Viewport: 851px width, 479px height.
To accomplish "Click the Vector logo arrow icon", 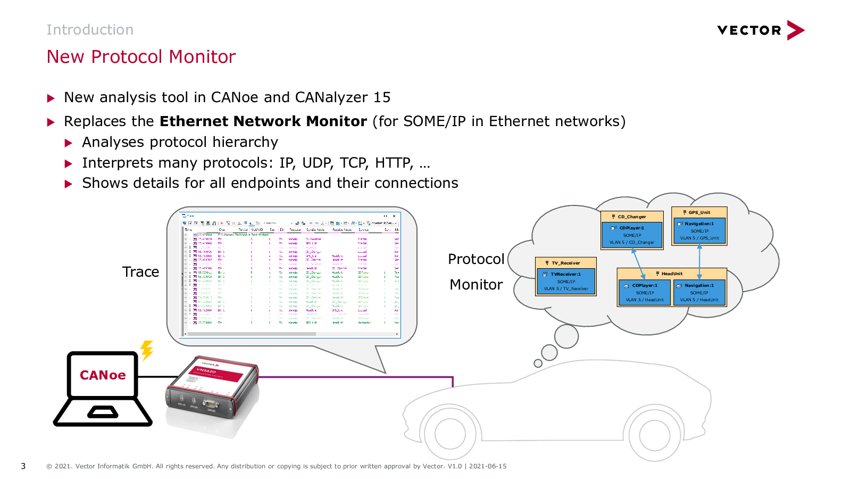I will coord(795,30).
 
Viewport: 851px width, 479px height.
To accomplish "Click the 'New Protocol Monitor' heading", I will coord(141,57).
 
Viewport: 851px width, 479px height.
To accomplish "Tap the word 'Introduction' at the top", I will coord(90,30).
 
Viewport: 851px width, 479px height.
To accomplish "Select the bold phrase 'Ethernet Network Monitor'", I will coord(263,121).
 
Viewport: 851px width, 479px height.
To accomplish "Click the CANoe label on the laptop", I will coord(103,375).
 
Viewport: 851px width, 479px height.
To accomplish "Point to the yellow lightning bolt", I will coord(147,350).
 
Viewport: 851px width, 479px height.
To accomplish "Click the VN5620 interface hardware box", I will coord(213,387).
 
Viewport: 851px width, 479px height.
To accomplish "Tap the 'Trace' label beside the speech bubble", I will coord(140,272).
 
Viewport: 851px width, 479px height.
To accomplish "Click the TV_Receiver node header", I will coord(566,263).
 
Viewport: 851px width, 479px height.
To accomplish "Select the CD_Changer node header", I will coord(632,217).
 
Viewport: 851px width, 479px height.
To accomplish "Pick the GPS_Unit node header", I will coord(699,212).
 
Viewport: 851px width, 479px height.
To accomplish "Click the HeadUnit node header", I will coord(672,274).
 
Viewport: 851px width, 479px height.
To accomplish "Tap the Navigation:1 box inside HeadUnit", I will coord(699,293).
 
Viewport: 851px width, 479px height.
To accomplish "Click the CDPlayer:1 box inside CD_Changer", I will coord(632,235).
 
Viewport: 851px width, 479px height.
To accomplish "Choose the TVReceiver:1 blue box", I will coord(566,282).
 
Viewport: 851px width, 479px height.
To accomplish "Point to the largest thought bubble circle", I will coord(566,336).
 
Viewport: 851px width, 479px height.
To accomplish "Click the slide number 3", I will coord(23,466).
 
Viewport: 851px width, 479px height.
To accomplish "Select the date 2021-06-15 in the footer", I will coord(488,466).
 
